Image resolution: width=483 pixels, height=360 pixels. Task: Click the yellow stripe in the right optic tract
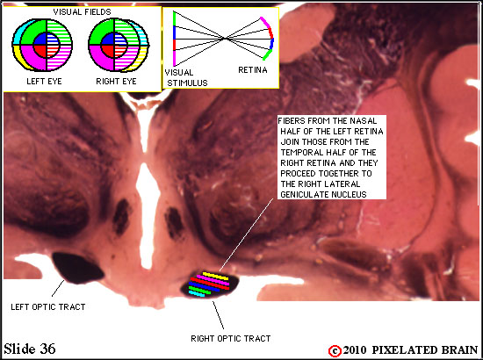click(215, 276)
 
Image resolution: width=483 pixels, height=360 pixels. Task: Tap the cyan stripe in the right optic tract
click(197, 293)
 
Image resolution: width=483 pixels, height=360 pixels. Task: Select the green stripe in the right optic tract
click(199, 290)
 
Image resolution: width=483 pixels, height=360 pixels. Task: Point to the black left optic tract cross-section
click(77, 268)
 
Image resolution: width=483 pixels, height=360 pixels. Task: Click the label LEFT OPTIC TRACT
click(48, 307)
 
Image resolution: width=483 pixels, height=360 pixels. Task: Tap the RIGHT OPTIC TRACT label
click(231, 339)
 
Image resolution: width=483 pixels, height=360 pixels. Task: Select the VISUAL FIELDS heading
click(82, 12)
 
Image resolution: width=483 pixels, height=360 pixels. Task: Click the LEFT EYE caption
click(44, 82)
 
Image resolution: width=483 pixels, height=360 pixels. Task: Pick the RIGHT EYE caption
click(116, 82)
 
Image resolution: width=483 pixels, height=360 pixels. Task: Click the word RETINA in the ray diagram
click(253, 70)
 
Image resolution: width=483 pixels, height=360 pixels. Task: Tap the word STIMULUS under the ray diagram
click(187, 83)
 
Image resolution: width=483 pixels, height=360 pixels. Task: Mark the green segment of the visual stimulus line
click(175, 18)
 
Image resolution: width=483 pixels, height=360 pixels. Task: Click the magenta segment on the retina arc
click(264, 23)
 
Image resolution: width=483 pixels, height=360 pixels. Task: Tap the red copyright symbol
click(335, 351)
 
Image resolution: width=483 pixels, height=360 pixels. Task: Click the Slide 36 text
click(30, 349)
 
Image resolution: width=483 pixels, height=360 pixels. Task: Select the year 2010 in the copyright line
click(355, 350)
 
